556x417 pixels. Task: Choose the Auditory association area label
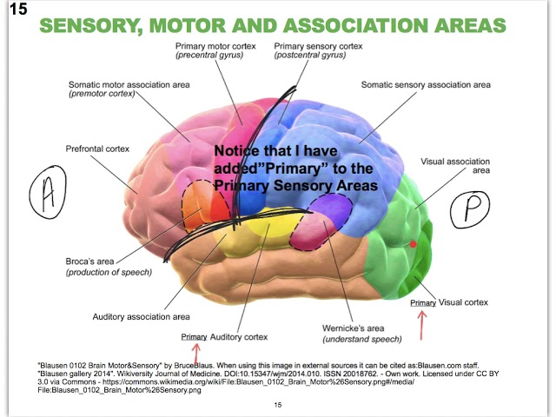click(x=142, y=316)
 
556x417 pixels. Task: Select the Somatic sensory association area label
click(x=426, y=85)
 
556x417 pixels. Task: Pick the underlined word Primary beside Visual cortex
click(x=423, y=303)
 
